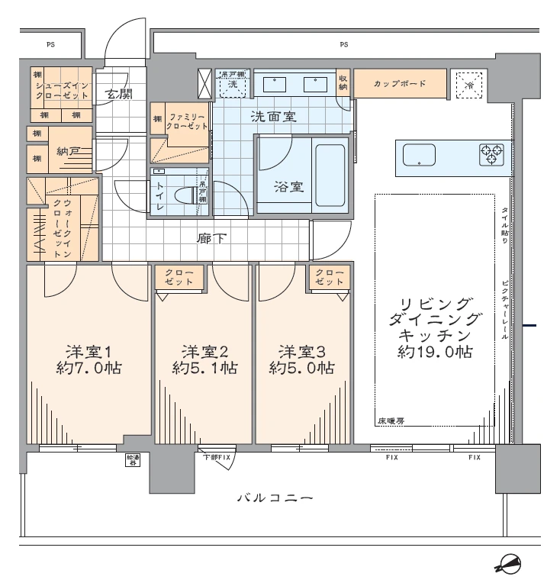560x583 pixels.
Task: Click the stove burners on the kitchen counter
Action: tap(491, 154)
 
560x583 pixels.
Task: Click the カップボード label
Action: tap(399, 83)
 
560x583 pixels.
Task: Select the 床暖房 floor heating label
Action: tap(391, 420)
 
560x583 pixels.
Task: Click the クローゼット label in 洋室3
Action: tap(329, 278)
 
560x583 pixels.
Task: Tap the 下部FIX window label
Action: tap(217, 457)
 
